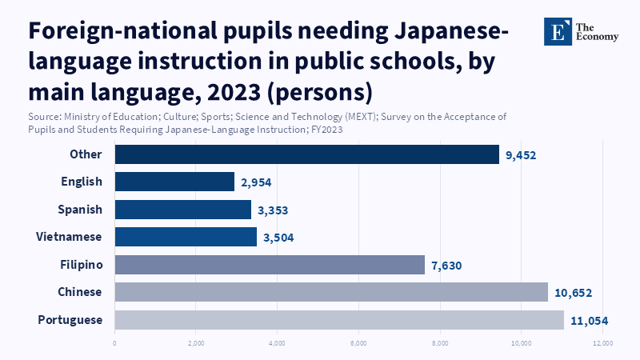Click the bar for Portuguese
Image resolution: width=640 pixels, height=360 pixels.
(x=339, y=320)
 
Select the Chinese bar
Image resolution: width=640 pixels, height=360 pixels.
(x=331, y=292)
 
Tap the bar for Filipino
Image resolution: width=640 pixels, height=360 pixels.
(x=270, y=265)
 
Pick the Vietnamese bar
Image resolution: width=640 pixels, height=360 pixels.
(x=186, y=237)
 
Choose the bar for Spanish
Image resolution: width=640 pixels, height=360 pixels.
(x=182, y=210)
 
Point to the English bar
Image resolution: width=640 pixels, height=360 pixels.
(x=174, y=182)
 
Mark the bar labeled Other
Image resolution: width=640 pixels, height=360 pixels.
(x=306, y=154)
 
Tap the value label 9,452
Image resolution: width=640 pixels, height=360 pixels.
(x=525, y=154)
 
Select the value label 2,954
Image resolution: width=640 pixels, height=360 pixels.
(x=256, y=182)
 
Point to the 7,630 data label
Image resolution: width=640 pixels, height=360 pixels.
(x=446, y=265)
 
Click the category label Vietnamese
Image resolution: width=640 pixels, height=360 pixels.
(x=69, y=237)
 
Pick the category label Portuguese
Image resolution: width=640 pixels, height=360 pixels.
(x=70, y=320)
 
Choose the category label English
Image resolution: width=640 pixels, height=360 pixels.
(x=82, y=182)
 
